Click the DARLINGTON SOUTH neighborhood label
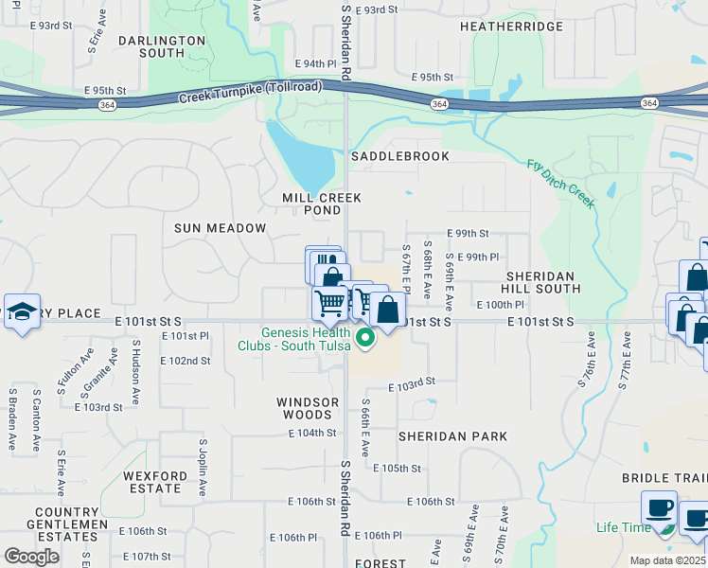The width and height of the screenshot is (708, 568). tap(163, 47)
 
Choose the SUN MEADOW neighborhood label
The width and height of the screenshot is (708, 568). tap(220, 229)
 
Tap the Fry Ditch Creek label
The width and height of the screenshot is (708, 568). tap(560, 184)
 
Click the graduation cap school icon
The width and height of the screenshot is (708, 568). tap(21, 312)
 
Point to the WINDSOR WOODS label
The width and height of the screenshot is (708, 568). tap(308, 408)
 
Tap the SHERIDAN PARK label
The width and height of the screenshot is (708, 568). tap(452, 436)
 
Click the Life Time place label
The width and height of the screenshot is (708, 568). tap(623, 527)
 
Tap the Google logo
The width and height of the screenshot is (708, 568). tap(31, 556)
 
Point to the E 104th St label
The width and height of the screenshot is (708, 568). tap(312, 433)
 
